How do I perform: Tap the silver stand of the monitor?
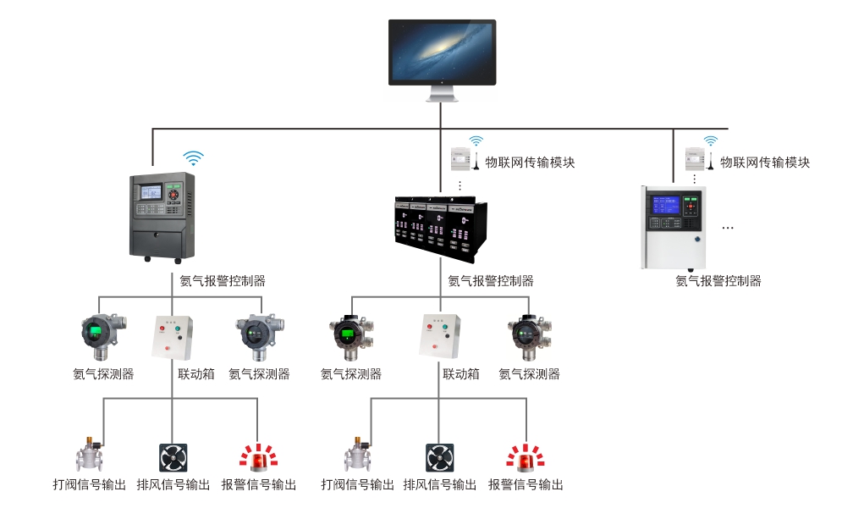[x=442, y=92]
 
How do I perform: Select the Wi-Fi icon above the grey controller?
[x=195, y=157]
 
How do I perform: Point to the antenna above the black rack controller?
[x=476, y=160]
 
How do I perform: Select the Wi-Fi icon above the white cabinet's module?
[x=711, y=141]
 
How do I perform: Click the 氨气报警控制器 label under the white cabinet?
[x=718, y=281]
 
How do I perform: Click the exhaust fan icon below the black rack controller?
[x=439, y=457]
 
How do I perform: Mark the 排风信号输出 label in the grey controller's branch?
[x=173, y=485]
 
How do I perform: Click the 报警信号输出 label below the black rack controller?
[x=526, y=485]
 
